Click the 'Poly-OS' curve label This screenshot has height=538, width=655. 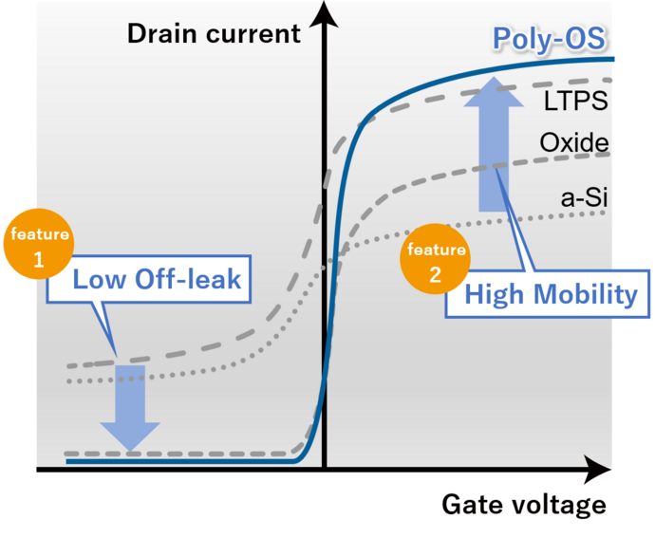[x=549, y=40]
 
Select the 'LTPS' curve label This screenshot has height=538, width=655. [x=575, y=100]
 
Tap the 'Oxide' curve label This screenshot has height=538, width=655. [x=573, y=143]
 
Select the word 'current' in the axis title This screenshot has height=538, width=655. [x=257, y=34]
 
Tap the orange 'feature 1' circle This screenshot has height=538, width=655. [x=39, y=247]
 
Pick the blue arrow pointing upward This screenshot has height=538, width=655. [x=491, y=142]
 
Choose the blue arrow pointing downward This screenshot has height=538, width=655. [x=130, y=406]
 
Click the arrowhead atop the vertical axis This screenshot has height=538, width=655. [x=326, y=11]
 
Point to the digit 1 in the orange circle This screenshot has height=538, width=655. [x=39, y=259]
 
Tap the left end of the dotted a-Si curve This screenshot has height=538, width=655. [x=68, y=380]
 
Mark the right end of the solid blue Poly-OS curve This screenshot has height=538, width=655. [x=613, y=60]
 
